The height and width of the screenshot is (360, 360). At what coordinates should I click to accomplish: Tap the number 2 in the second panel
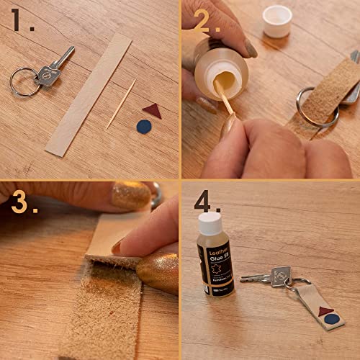[204, 22]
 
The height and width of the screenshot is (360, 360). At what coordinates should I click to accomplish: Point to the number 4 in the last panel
[202, 204]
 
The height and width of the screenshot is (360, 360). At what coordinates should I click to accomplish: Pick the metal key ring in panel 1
[24, 81]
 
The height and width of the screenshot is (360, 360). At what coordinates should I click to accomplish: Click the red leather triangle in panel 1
[151, 110]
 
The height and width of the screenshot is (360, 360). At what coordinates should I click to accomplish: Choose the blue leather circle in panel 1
[143, 126]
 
